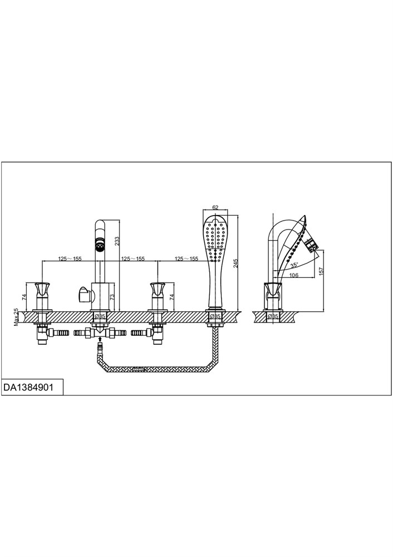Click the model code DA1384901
click(x=28, y=387)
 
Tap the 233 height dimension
click(x=117, y=242)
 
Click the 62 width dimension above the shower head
click(x=215, y=207)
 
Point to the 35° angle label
click(x=293, y=265)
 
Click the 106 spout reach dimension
click(x=293, y=275)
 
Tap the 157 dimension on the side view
click(x=321, y=271)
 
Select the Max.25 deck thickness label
click(x=16, y=317)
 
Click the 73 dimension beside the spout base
click(x=112, y=296)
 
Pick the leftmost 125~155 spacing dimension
click(x=70, y=258)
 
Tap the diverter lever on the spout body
click(x=85, y=294)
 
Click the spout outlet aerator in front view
click(x=100, y=245)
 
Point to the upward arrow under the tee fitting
click(x=100, y=340)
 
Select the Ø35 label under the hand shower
click(x=214, y=315)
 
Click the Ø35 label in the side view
click(x=273, y=315)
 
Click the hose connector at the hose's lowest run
click(x=140, y=369)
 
